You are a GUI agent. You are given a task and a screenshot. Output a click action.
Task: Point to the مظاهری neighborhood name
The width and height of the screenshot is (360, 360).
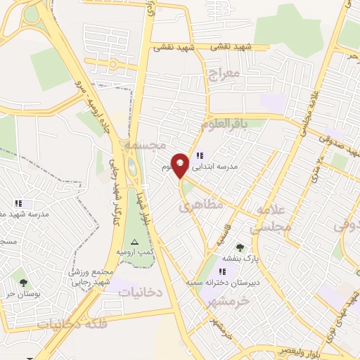click(x=200, y=205)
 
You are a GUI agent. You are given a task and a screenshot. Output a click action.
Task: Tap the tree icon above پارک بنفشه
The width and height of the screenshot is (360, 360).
click(x=240, y=247)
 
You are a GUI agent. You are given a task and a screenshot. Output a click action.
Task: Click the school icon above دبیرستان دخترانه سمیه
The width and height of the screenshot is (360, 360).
click(x=222, y=271)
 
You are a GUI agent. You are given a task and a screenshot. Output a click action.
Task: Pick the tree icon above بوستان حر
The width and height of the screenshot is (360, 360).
click(x=23, y=282)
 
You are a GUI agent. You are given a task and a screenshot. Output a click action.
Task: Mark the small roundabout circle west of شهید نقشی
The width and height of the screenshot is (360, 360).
click(x=113, y=64)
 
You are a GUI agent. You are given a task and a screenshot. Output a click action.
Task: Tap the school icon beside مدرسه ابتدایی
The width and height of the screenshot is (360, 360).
click(x=200, y=155)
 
